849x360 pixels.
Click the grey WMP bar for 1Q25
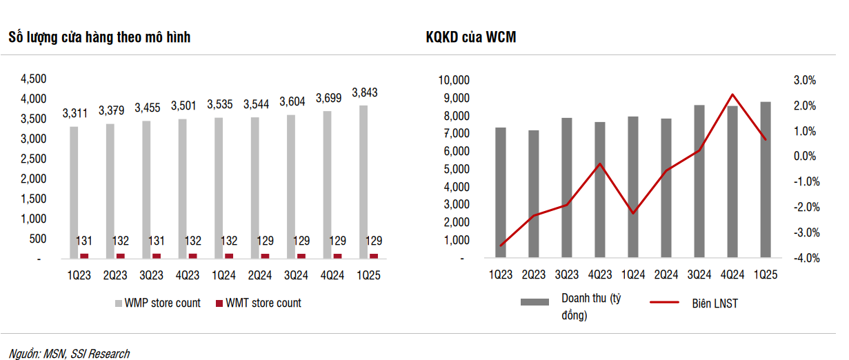coord(363,182)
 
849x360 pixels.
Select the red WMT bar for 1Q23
coord(84,256)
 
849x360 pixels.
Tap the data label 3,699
coord(328,98)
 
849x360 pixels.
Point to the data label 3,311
coord(75,113)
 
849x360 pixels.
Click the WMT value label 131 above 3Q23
coord(156,241)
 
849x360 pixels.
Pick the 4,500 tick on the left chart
coord(33,79)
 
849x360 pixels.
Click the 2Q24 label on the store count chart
coord(259,275)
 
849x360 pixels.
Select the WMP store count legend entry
coord(158,303)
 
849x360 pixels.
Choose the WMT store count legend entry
coord(259,303)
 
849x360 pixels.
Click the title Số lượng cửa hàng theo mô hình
coord(99,37)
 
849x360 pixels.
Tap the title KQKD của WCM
coord(471,37)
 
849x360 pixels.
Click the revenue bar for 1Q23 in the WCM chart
coord(500,192)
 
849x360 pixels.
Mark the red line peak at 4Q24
coord(732,94)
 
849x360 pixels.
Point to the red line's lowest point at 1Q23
coord(501,246)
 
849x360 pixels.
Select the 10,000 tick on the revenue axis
coord(454,80)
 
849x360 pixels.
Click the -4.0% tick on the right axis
coord(807,258)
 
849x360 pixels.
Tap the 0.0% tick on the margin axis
coord(805,156)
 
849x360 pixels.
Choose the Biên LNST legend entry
coord(694,303)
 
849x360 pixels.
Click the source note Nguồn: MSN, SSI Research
coord(69,354)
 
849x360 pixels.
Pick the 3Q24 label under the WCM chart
coord(699,274)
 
